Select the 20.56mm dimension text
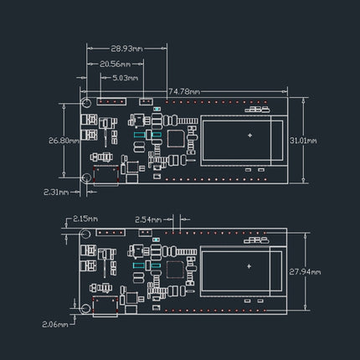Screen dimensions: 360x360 [x=115, y=64]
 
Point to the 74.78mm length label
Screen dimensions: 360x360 [x=183, y=90]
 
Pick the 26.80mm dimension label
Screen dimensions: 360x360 [x=64, y=140]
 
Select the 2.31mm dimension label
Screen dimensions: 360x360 [x=55, y=192]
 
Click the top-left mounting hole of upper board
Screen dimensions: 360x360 [x=86, y=103]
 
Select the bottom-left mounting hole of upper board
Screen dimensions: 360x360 [x=86, y=177]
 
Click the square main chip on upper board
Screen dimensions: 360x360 [x=177, y=140]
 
